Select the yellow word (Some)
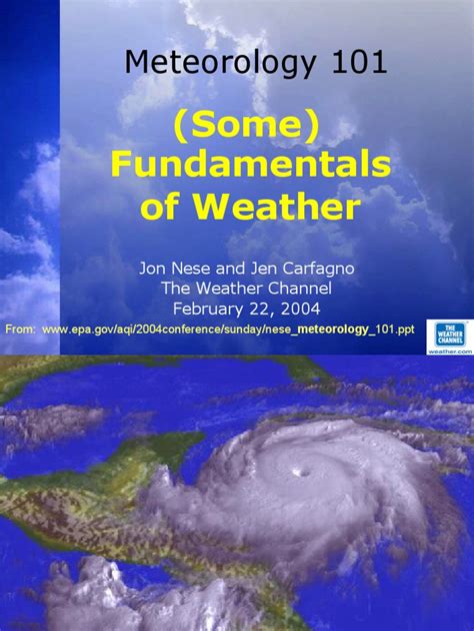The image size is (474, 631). [x=252, y=126]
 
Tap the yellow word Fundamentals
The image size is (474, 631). [x=251, y=166]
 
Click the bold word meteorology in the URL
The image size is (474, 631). [x=332, y=328]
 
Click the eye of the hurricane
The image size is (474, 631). [x=297, y=469]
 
